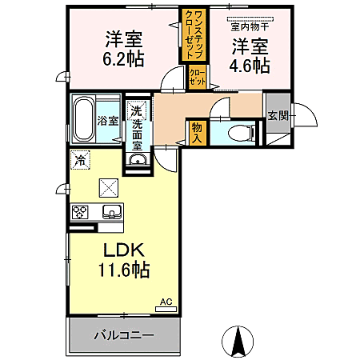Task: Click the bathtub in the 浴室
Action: (x=83, y=119)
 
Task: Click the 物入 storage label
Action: (x=197, y=132)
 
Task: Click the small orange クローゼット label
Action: (x=197, y=78)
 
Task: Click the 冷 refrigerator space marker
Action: (x=79, y=159)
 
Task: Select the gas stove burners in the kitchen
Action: (x=81, y=212)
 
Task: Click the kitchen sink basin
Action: (x=111, y=212)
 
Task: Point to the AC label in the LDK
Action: (x=166, y=301)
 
